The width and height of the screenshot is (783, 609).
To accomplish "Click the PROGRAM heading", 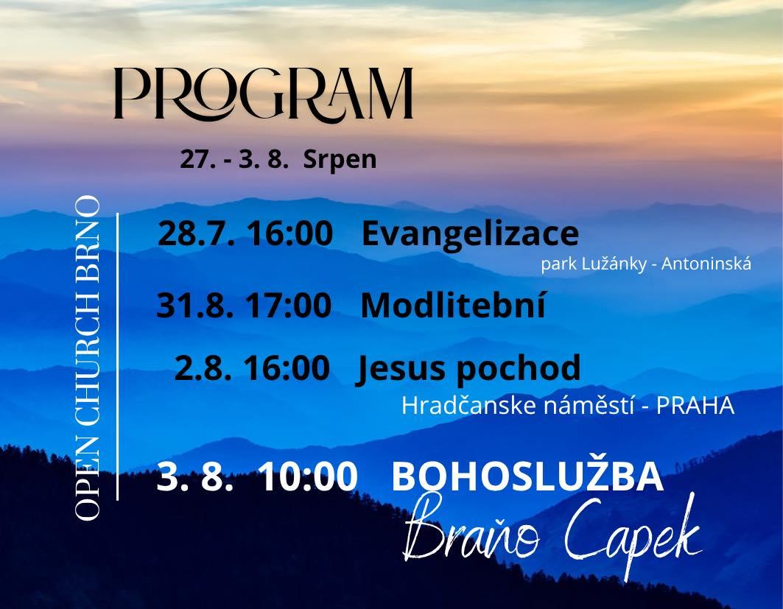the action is coord(263,94).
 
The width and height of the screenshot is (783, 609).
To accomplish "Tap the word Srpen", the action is coord(340,161).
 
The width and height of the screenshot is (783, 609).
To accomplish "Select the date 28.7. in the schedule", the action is coord(196,233).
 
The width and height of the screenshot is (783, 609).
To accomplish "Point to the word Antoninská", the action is coord(706,264).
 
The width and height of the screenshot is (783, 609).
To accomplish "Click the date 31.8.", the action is coord(194,305).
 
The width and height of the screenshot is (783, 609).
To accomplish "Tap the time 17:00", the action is coord(288,305).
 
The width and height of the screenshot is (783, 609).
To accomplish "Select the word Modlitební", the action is coord(453,305).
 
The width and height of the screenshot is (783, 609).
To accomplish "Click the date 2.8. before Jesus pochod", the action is coord(203,368).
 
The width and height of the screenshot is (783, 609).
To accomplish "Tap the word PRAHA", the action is coord(695,406).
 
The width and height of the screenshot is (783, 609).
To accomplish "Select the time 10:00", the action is coord(309,476).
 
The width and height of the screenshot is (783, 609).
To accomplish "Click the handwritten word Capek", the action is coord(633,532).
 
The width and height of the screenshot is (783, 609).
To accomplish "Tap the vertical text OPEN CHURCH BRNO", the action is coord(88,359).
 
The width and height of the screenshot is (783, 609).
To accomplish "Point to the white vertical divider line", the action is coord(117,356).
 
